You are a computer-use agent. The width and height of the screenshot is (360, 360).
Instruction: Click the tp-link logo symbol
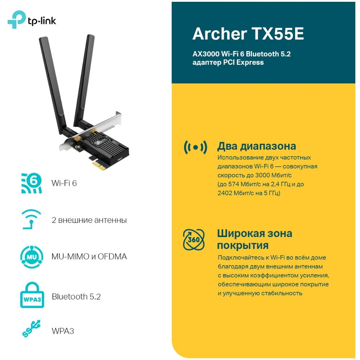15,19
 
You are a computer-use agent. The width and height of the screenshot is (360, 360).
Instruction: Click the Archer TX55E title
248,34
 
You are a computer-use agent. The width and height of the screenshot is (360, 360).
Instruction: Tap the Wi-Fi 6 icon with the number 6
31,183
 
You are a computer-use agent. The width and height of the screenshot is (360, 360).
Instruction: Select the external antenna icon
31,219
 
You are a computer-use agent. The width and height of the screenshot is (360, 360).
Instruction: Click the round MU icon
31,257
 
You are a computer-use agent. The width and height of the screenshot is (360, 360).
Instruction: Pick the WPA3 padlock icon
32,295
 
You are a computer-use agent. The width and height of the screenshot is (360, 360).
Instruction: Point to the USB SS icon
31,328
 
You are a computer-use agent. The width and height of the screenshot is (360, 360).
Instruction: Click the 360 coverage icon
194,240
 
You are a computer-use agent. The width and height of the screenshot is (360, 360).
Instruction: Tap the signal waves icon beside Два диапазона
195,147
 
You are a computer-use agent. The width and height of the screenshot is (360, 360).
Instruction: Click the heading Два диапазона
256,146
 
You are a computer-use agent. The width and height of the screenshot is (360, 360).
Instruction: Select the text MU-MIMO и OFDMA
89,256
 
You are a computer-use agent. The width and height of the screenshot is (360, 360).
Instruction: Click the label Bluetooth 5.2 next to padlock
76,297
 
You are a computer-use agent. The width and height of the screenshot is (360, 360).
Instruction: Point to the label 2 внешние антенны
89,220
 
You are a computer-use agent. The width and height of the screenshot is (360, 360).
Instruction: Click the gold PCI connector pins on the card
99,166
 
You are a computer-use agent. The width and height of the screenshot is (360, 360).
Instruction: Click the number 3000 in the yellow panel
263,175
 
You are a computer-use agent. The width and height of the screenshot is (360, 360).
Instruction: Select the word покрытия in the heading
243,246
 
